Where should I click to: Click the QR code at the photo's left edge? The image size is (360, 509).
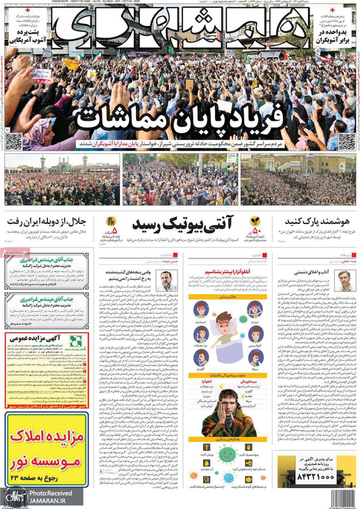click(13, 142)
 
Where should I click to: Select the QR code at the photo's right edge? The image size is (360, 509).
click(347, 141)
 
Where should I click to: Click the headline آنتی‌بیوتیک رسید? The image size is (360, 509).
click(182, 223)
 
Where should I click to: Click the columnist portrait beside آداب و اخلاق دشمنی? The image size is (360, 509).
click(344, 280)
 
